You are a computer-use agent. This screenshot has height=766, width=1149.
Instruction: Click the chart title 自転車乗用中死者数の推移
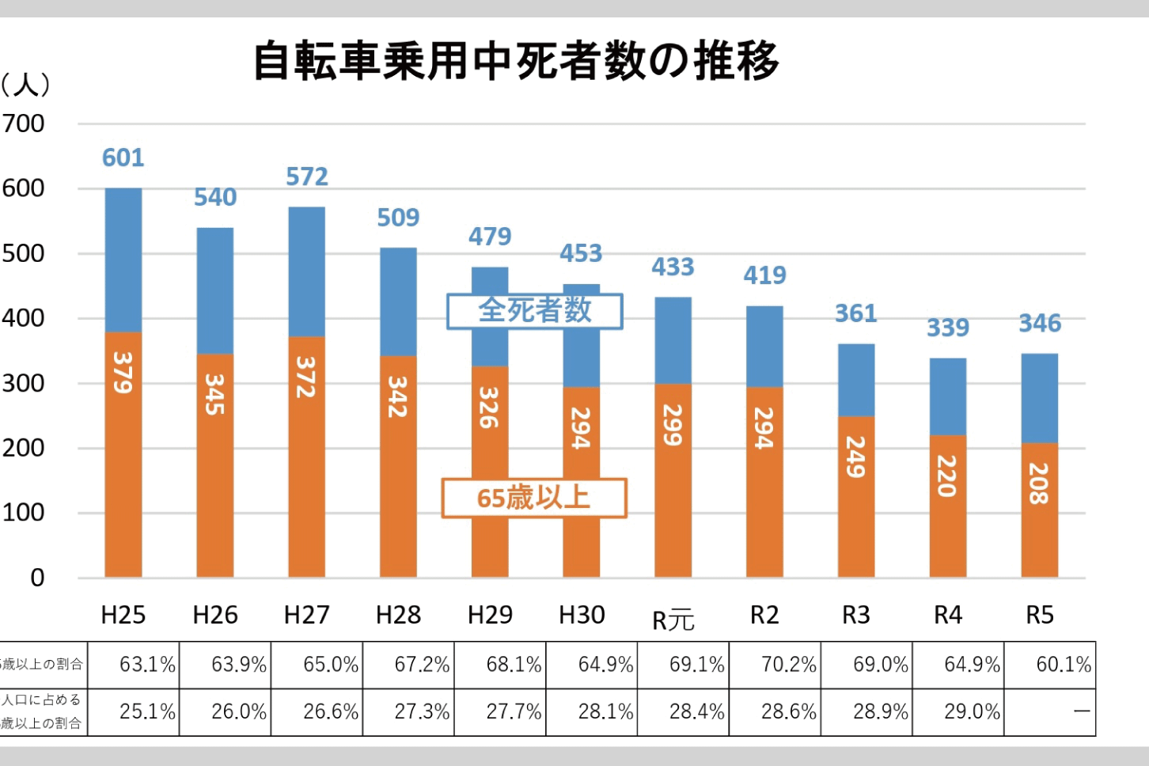pyautogui.click(x=516, y=62)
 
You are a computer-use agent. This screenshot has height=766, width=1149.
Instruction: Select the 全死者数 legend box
pyautogui.click(x=535, y=311)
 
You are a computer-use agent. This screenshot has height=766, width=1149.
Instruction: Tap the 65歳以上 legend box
pyautogui.click(x=534, y=498)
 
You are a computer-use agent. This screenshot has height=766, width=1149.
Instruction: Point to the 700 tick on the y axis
pyautogui.click(x=24, y=124)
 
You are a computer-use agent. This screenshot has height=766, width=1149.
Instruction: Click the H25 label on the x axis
pyautogui.click(x=123, y=615)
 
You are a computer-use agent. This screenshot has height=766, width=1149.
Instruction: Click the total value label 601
pyautogui.click(x=123, y=158)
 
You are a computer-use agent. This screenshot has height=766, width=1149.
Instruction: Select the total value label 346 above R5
pyautogui.click(x=1039, y=324)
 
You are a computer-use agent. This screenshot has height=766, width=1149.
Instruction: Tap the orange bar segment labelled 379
pyautogui.click(x=123, y=454)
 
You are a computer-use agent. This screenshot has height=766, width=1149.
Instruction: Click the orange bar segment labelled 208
pyautogui.click(x=1039, y=510)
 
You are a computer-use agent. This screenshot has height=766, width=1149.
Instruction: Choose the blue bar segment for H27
pyautogui.click(x=306, y=271)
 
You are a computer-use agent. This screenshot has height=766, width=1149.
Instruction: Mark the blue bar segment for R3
pyautogui.click(x=856, y=380)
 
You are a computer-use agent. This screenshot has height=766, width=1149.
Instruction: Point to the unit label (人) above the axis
pyautogui.click(x=25, y=85)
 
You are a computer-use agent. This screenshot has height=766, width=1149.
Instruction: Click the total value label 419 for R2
pyautogui.click(x=764, y=275)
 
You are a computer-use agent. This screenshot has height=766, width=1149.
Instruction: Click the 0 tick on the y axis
pyautogui.click(x=37, y=578)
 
